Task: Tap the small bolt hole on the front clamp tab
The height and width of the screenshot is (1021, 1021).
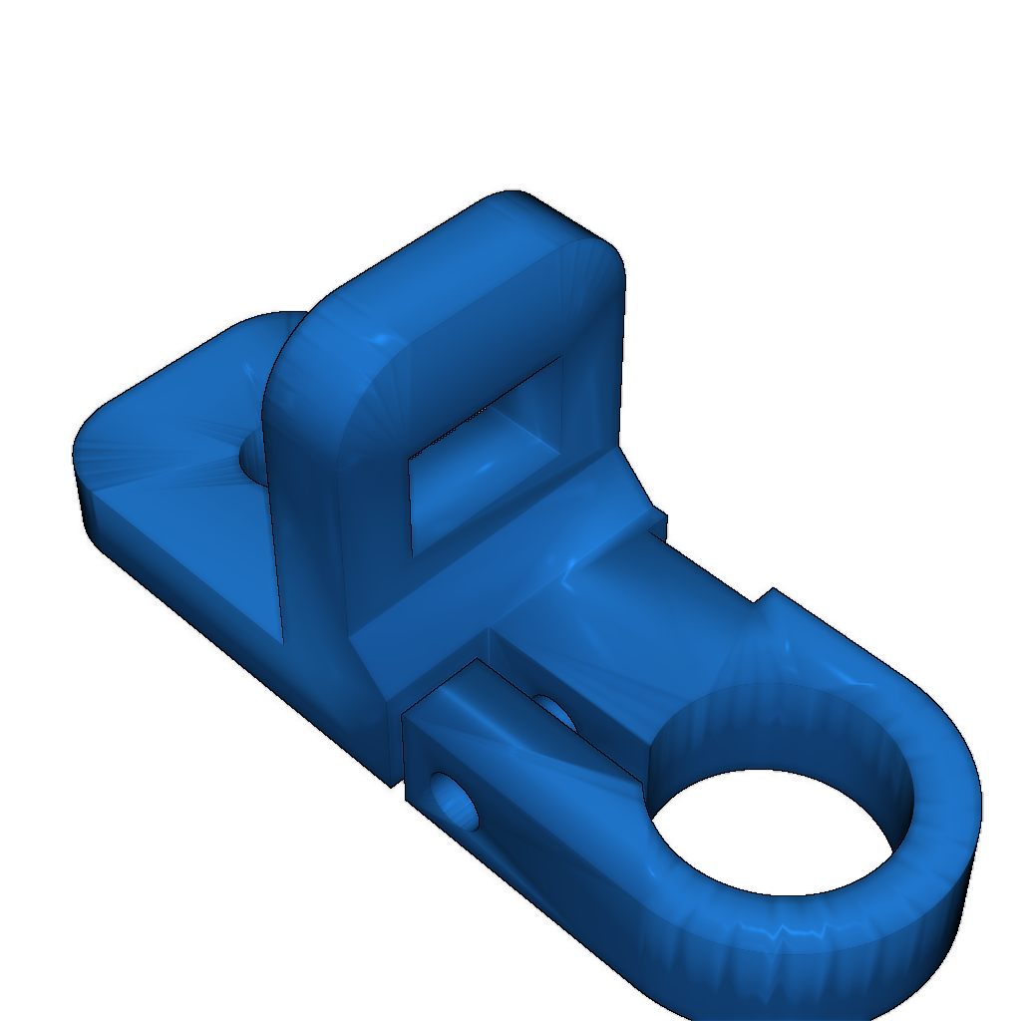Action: click(458, 802)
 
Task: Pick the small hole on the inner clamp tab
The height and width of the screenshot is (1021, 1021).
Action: click(555, 711)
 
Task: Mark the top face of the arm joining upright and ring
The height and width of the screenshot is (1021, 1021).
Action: click(638, 618)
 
